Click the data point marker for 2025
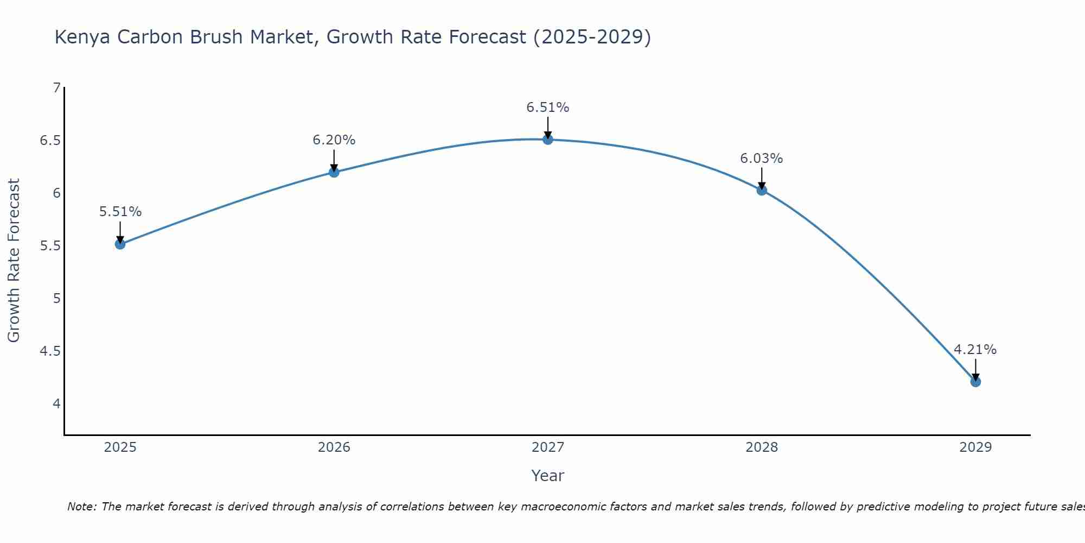tap(120, 244)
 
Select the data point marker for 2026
tap(334, 172)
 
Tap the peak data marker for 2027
tap(547, 140)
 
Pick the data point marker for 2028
tap(761, 190)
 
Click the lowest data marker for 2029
tap(975, 382)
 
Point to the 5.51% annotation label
tap(120, 212)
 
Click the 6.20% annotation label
tap(334, 140)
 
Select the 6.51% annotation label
tap(547, 108)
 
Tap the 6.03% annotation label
tap(761, 159)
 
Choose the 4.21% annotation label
tap(975, 350)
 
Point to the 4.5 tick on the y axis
tap(50, 351)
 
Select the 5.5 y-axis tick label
tap(50, 246)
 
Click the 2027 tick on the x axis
tap(547, 447)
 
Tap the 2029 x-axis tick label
tap(975, 447)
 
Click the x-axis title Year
tap(547, 476)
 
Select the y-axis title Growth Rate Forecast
tap(14, 260)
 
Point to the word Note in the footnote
tap(81, 507)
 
